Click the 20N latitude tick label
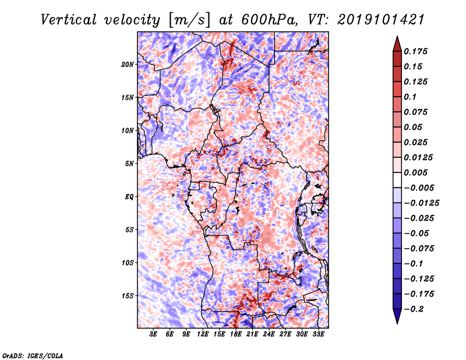tap(128, 64)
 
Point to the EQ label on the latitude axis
tap(129, 197)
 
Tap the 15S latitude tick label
tap(128, 296)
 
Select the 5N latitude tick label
tap(129, 164)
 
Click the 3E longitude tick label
tap(154, 335)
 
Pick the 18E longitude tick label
tap(236, 335)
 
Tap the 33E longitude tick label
tap(318, 335)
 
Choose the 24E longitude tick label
tap(269, 335)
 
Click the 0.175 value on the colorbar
tap(417, 51)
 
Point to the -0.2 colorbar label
tap(414, 309)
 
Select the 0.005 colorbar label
tap(417, 172)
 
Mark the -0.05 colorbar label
tap(417, 233)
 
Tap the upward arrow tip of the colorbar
tap(397, 37)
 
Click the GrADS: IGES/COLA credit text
tap(32, 355)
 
